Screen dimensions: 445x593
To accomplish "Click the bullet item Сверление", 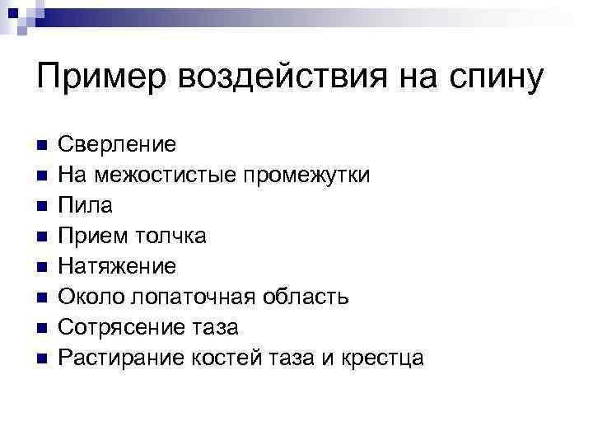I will (116, 145).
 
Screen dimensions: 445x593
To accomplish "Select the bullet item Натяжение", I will (117, 267).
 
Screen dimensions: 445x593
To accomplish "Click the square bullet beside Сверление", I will (41, 146).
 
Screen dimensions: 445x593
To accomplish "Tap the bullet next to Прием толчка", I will (41, 237).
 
